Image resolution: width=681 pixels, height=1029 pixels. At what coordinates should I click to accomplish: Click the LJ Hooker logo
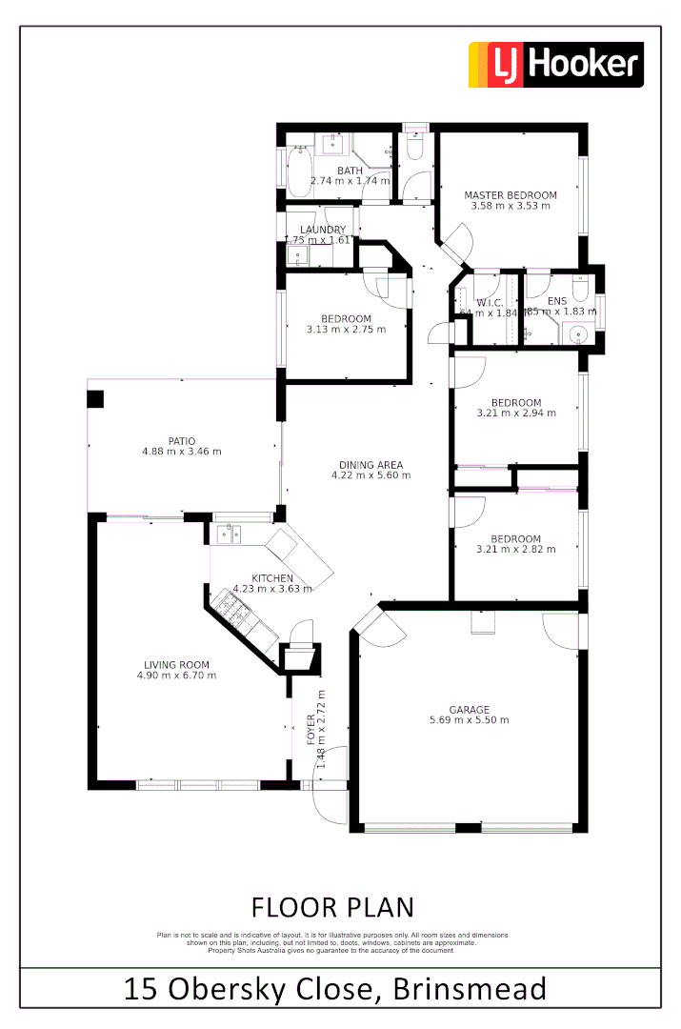(x=555, y=65)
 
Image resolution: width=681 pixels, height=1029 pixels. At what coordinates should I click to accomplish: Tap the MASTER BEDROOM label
(x=511, y=195)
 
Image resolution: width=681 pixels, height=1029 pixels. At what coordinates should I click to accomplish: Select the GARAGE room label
(x=470, y=709)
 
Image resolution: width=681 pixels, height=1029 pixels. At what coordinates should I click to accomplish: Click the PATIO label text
(x=181, y=440)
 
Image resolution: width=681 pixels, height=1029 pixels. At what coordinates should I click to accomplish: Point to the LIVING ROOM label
(x=176, y=665)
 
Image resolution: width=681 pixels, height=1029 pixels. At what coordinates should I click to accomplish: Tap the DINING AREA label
(x=371, y=465)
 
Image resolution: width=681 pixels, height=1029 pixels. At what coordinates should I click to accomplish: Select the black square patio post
(x=95, y=398)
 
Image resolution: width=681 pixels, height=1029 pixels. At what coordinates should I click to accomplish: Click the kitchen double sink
(x=229, y=534)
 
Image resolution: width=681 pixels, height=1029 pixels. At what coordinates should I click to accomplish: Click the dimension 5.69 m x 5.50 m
(x=470, y=720)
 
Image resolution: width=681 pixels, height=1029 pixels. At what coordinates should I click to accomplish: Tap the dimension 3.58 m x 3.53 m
(x=511, y=206)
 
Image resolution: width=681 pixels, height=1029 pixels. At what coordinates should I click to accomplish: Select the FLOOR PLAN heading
(x=332, y=905)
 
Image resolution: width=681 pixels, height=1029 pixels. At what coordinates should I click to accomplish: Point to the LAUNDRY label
(x=322, y=230)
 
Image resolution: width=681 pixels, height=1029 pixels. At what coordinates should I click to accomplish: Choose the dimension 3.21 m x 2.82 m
(x=516, y=549)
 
